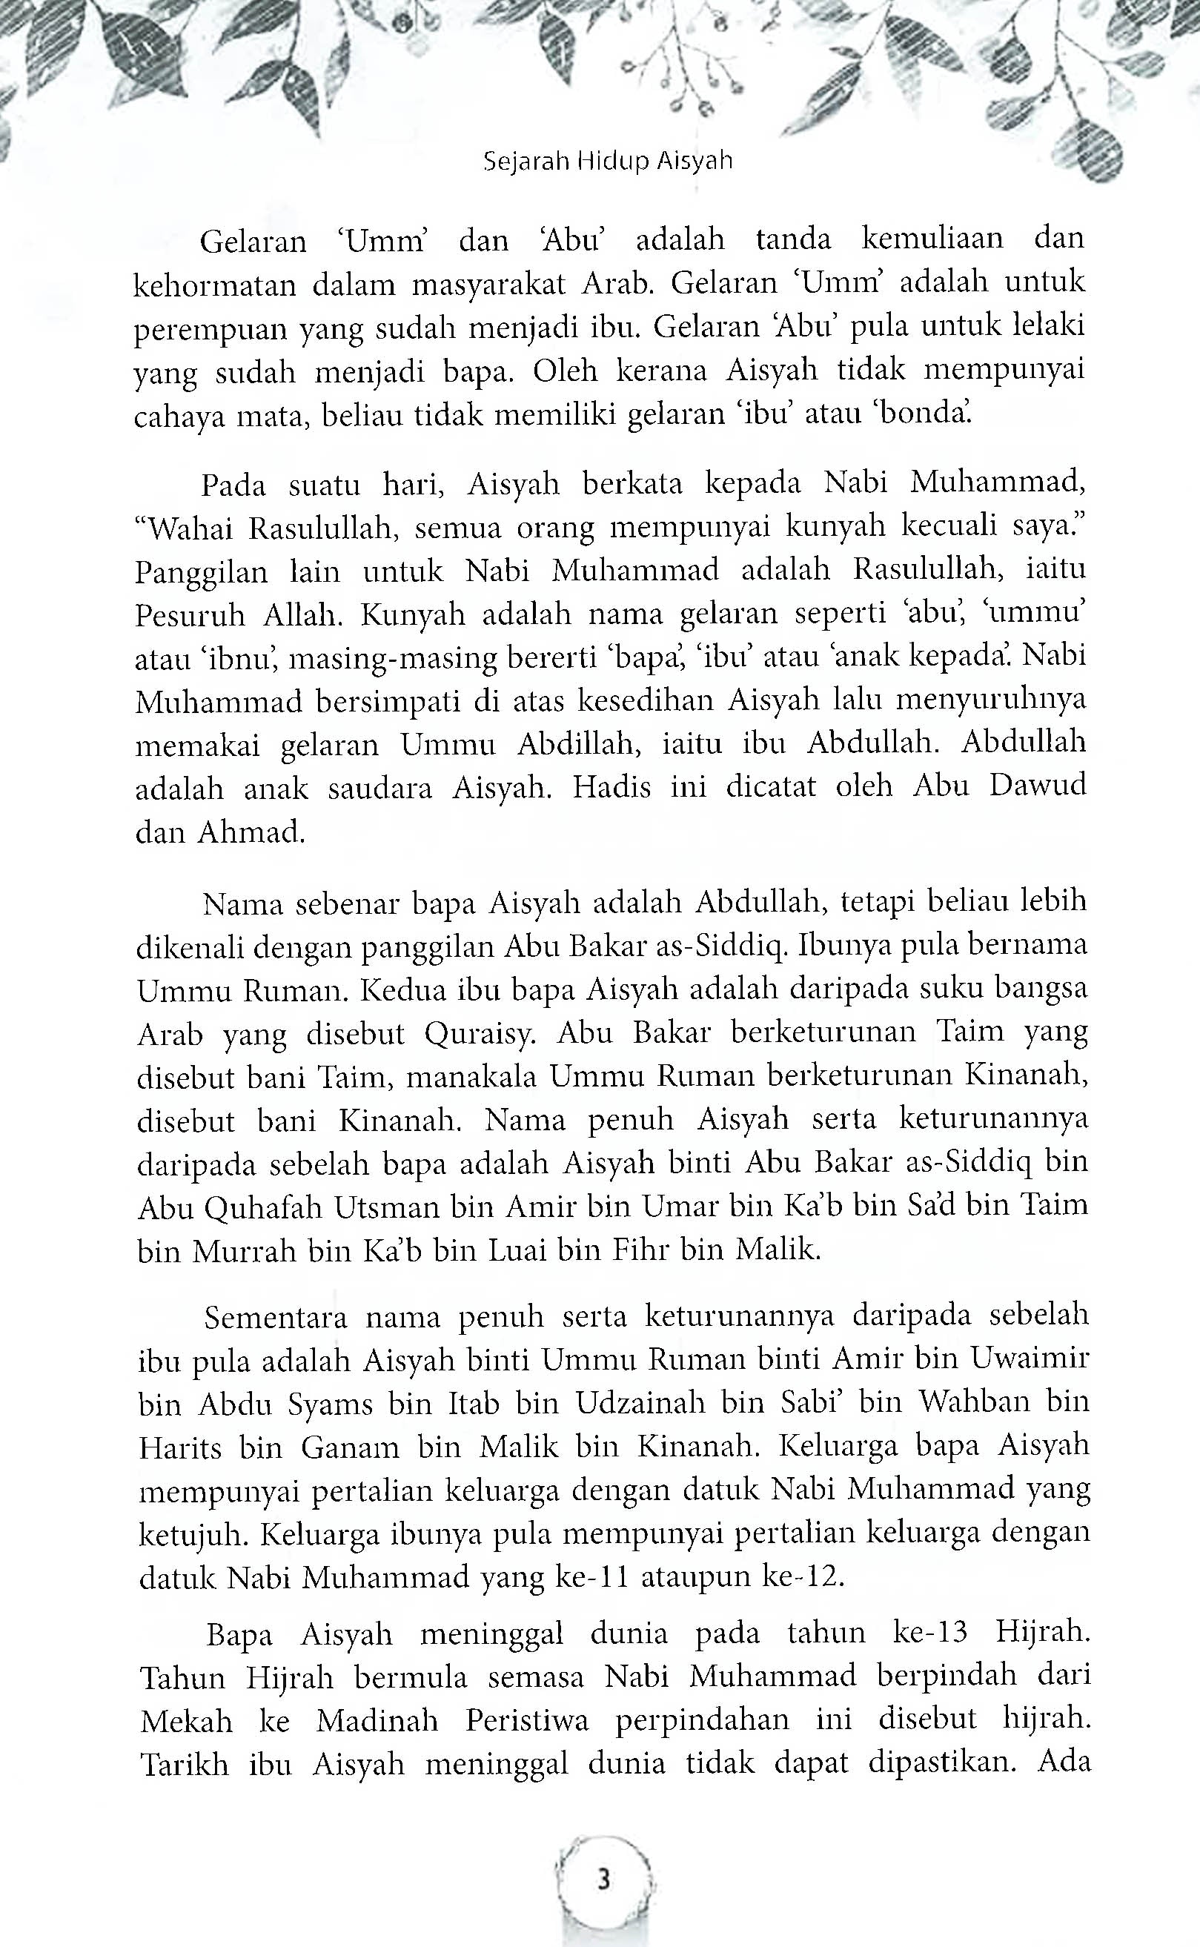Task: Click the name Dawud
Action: click(x=1038, y=787)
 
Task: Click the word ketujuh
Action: click(x=190, y=1534)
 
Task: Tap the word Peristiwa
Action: click(x=527, y=1719)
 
